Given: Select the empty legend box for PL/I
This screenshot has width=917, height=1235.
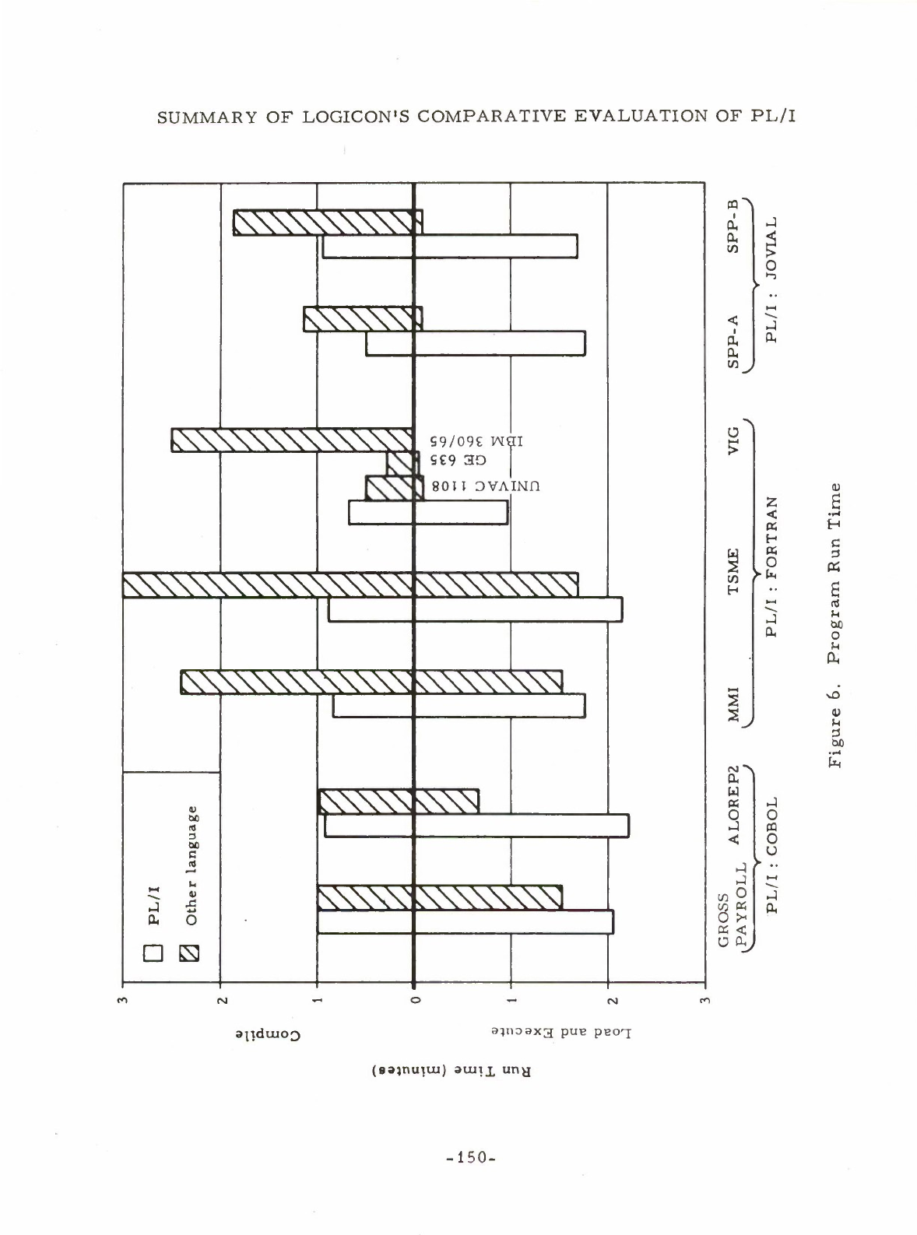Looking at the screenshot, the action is [x=153, y=953].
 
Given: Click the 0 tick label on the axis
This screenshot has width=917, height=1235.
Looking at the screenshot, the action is [x=414, y=999].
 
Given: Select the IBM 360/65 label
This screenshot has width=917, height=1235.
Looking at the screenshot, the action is [x=477, y=440].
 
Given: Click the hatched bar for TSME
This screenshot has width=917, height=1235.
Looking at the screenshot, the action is [x=350, y=585].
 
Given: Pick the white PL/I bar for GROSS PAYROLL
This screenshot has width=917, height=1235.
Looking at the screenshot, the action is [x=465, y=921].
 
